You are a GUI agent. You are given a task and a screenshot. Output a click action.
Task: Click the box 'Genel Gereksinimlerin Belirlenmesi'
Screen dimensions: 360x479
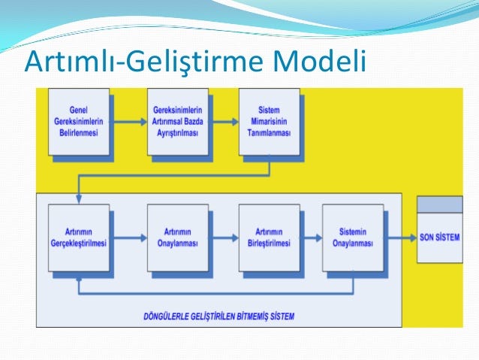click(x=79, y=121)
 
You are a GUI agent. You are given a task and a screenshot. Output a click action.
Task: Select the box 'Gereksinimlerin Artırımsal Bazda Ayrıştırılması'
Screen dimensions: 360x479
click(x=177, y=121)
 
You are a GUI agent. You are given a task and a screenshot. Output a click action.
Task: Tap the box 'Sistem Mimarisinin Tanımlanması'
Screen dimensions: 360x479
click(x=269, y=121)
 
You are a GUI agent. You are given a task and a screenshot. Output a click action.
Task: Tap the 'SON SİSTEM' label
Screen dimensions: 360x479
click(x=440, y=237)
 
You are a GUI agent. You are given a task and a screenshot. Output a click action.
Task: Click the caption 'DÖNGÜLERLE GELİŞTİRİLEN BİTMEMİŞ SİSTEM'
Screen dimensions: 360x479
click(x=218, y=316)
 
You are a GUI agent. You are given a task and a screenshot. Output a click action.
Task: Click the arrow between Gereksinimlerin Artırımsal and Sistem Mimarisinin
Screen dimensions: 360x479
click(x=223, y=121)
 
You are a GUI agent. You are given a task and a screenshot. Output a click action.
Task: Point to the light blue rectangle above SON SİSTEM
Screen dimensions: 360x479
click(x=440, y=204)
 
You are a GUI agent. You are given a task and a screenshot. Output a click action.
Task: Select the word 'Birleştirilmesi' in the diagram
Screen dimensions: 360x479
click(x=269, y=243)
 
